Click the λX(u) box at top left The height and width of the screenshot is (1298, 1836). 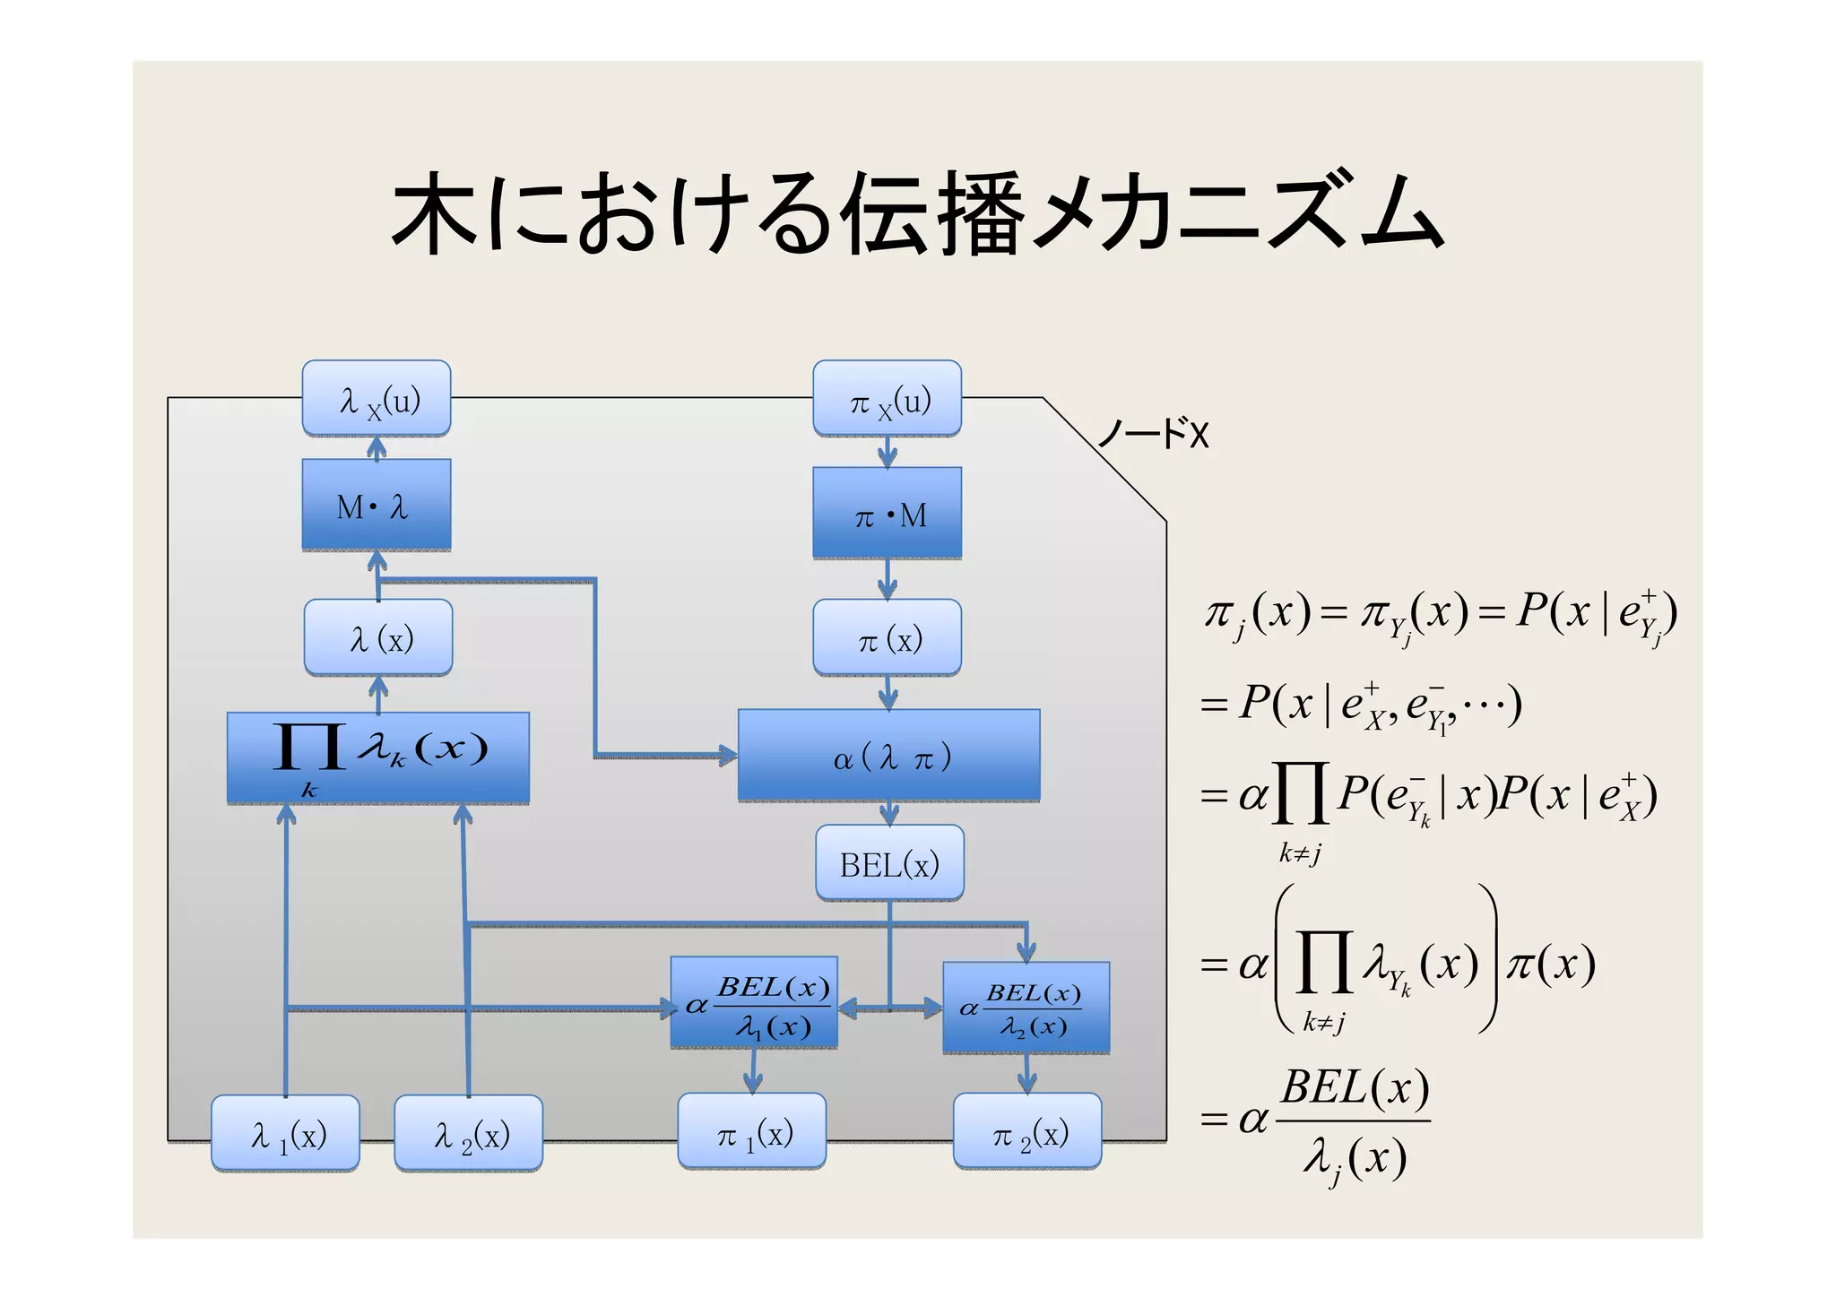(376, 399)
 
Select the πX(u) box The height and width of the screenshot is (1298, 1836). (887, 399)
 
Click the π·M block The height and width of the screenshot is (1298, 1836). (887, 513)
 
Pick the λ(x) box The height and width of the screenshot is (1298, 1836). (377, 637)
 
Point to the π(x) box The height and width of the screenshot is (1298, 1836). (887, 637)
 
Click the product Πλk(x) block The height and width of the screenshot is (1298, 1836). (377, 757)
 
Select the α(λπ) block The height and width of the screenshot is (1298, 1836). (888, 756)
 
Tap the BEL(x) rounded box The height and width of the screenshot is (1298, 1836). (888, 863)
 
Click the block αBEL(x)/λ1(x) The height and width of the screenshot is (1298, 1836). (754, 1003)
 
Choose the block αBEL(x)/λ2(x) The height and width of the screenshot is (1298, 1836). (1026, 1008)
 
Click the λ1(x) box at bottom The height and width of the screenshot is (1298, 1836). (285, 1133)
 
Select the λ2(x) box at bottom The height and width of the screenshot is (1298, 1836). (468, 1133)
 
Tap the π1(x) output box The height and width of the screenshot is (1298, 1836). (751, 1131)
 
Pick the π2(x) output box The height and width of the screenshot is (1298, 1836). (1026, 1131)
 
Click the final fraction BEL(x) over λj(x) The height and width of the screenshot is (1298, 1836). (1353, 1121)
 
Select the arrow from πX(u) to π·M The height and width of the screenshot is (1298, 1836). (887, 452)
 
